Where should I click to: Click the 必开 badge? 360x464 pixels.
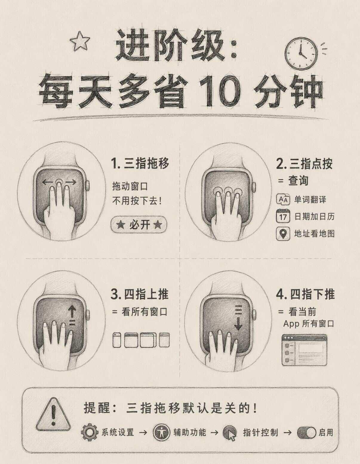[x=139, y=225]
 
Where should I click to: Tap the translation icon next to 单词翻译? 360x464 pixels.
[x=283, y=199]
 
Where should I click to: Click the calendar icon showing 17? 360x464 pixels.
[x=283, y=216]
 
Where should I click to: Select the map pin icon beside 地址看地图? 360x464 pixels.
[x=283, y=233]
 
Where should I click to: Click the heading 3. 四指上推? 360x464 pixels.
[x=139, y=294]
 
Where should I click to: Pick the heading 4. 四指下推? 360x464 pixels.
[x=305, y=294]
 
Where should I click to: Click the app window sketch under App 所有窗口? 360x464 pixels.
[x=304, y=350]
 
